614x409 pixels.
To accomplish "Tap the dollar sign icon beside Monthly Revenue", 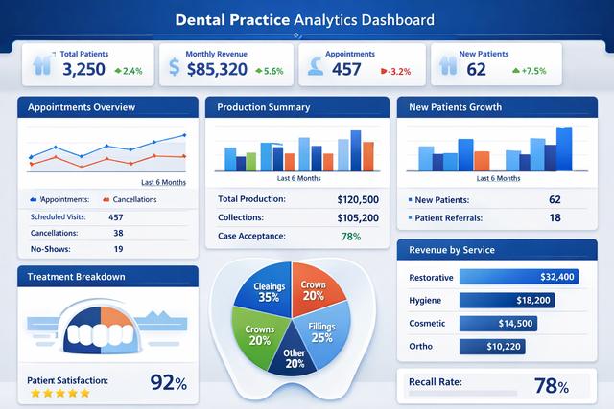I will pyautogui.click(x=174, y=67).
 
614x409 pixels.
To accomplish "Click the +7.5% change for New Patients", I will pyautogui.click(x=529, y=70).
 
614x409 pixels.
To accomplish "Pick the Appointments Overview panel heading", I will pyautogui.click(x=82, y=106).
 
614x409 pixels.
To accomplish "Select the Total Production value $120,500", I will pyautogui.click(x=358, y=199).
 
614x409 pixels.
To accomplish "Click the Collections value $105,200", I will pyautogui.click(x=358, y=217).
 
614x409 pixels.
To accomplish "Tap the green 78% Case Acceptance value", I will pyautogui.click(x=350, y=236).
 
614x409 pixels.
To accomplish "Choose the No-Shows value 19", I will pyautogui.click(x=118, y=249).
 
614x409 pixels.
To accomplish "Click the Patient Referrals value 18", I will pyautogui.click(x=555, y=218).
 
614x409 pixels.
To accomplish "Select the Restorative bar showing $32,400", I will pyautogui.click(x=519, y=277).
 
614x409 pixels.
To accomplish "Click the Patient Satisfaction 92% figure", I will pyautogui.click(x=169, y=382).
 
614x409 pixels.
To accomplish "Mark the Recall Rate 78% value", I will pyautogui.click(x=551, y=386).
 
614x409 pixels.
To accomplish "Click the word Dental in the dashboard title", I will pyautogui.click(x=210, y=19).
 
